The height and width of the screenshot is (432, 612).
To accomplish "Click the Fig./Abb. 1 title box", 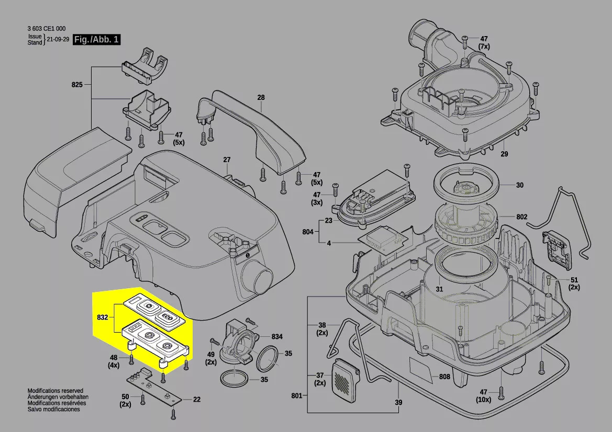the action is point(96,39).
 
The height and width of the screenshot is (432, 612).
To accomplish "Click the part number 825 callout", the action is point(77,84).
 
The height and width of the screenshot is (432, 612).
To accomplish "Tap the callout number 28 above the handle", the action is point(261,97).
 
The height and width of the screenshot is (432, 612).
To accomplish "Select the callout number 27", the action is point(227,160).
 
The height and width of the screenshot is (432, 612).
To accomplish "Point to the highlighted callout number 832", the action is point(102,317).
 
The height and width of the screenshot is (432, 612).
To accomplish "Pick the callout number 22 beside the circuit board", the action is point(197,399).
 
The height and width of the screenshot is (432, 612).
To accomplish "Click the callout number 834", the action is point(277,336).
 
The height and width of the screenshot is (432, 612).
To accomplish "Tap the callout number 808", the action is point(444,377).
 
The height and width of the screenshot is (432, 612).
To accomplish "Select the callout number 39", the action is point(398,402).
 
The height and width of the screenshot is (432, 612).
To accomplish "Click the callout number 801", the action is point(297,396).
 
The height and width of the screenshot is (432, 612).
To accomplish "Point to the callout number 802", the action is point(522,217).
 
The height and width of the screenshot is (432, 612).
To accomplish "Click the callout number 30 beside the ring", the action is point(519,185).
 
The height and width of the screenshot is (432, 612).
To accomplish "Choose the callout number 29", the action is point(504,154).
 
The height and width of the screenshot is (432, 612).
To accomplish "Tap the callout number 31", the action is point(439,289).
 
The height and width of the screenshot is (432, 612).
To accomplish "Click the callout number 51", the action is point(574,280).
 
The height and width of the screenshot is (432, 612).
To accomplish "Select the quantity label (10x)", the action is point(484,400).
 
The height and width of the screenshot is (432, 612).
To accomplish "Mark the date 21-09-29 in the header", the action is point(58,39).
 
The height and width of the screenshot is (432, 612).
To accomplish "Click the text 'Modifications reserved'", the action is point(55,391).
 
